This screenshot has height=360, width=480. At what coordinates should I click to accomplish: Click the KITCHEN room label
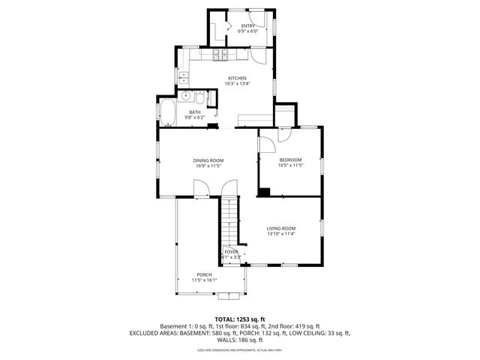[x=237, y=78]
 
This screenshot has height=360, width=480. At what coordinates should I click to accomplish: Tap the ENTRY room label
[x=247, y=25]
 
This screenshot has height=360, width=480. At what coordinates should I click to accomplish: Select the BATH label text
[x=194, y=112]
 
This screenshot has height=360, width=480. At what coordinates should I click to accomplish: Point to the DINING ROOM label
[x=208, y=160]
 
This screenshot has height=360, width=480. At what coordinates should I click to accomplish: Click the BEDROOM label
[x=290, y=160]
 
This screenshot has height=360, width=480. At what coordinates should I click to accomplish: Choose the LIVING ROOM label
[x=281, y=228]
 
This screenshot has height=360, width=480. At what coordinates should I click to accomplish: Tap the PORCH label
[x=204, y=274]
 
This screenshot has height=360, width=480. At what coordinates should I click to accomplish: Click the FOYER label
[x=231, y=251]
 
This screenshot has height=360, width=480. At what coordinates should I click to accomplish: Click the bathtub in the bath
[x=168, y=115]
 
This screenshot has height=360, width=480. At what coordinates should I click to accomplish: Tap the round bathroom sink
[x=185, y=97]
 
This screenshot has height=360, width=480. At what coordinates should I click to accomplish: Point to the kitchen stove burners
[x=221, y=54]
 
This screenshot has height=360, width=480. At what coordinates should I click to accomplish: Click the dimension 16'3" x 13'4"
[x=237, y=84]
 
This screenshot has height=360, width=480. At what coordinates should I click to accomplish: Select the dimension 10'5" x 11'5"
[x=290, y=166]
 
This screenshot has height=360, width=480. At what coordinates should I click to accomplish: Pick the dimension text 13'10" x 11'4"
[x=281, y=234]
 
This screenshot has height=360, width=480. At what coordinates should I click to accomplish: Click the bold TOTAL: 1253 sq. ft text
[x=240, y=319]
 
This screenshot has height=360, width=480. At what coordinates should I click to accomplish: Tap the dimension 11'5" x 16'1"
[x=204, y=280]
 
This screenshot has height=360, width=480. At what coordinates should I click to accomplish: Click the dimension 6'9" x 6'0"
[x=247, y=31]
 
